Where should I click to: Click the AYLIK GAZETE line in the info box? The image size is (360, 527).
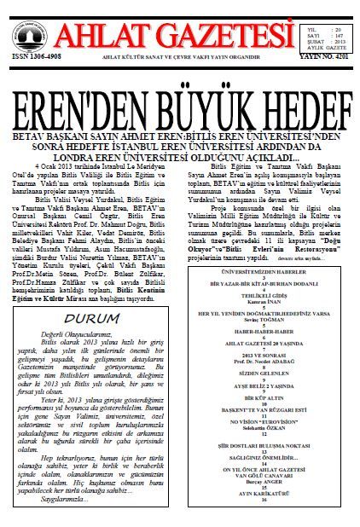pyautogui.click(x=326, y=48)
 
